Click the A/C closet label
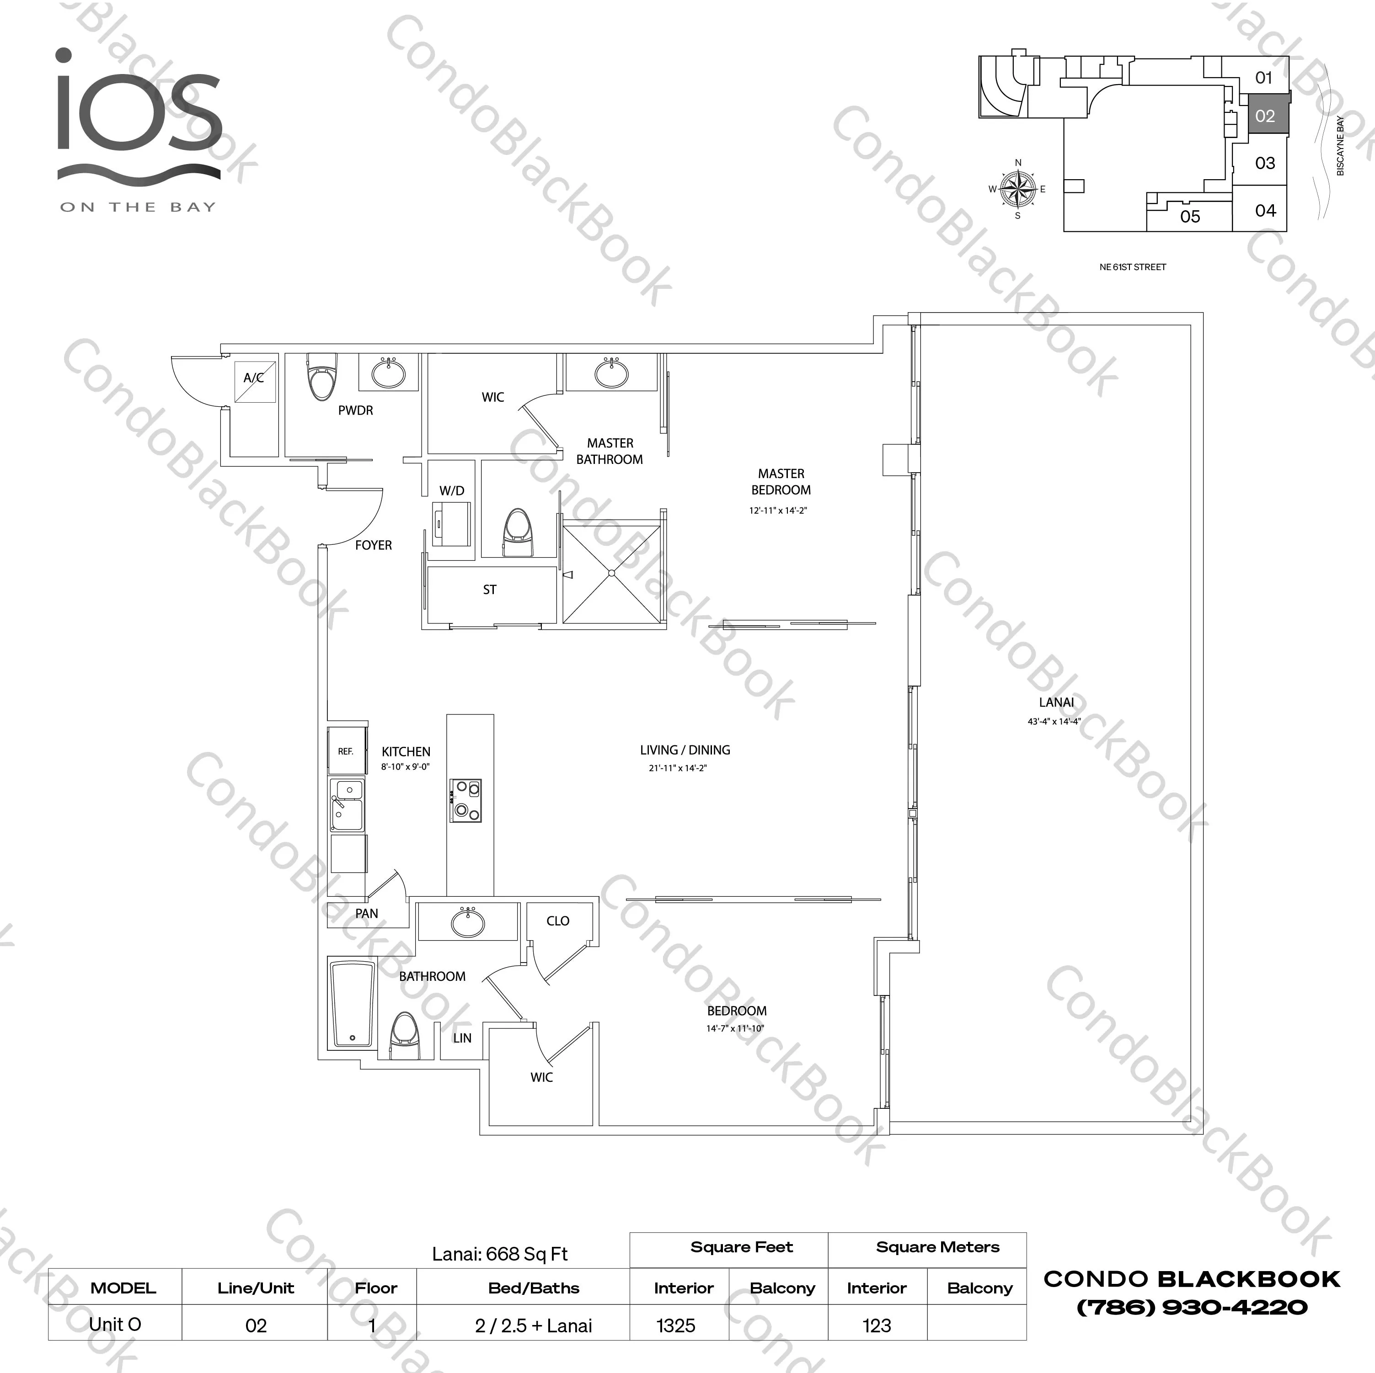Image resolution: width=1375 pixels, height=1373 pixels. coord(253,378)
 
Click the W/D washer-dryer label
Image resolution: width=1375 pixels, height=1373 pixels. coord(451,491)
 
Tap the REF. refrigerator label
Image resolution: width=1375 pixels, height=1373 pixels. coord(345,751)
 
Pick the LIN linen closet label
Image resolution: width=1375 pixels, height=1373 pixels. coord(462,1038)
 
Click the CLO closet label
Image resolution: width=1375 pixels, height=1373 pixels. coord(558,921)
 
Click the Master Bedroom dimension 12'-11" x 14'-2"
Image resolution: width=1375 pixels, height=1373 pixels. coord(778,511)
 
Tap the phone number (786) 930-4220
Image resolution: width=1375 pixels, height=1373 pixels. coord(1192,1308)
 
